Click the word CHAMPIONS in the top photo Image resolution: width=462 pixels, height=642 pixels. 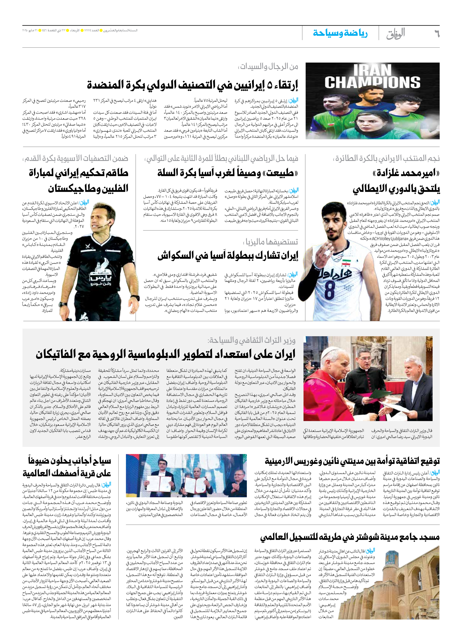[x=372, y=82]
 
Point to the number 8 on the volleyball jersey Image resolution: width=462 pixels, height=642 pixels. [x=329, y=289]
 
